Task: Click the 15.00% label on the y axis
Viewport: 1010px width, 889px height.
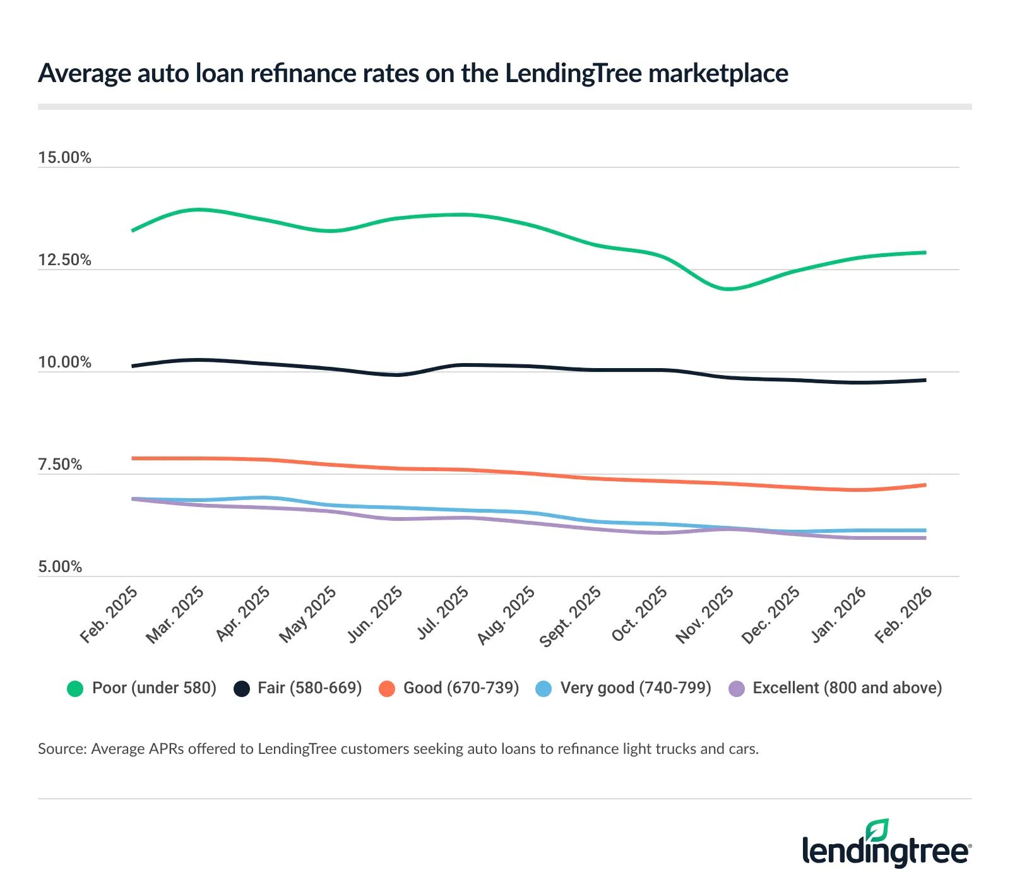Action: pyautogui.click(x=64, y=157)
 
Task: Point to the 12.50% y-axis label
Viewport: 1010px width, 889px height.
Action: pyautogui.click(x=64, y=260)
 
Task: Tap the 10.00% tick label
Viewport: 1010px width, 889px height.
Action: pyautogui.click(x=64, y=362)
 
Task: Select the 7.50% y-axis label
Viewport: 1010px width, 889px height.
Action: pyautogui.click(x=60, y=464)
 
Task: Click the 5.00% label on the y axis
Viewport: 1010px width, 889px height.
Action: pyautogui.click(x=60, y=566)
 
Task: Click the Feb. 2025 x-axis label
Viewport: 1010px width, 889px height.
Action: pyautogui.click(x=109, y=614)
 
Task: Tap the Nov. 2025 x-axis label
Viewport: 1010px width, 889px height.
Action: pyautogui.click(x=704, y=615)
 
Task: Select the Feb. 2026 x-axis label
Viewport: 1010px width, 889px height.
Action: pyautogui.click(x=903, y=614)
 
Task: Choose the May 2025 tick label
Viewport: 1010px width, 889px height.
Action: pyautogui.click(x=308, y=614)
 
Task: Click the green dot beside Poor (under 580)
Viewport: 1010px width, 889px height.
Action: pyautogui.click(x=75, y=688)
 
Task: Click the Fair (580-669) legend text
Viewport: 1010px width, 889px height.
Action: pyautogui.click(x=309, y=688)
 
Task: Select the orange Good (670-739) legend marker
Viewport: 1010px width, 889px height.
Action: pyautogui.click(x=386, y=688)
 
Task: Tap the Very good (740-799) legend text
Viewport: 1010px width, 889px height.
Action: pyautogui.click(x=635, y=688)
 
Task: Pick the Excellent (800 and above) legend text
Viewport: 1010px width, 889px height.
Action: pyautogui.click(x=847, y=688)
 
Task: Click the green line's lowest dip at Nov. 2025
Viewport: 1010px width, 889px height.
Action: pyautogui.click(x=728, y=289)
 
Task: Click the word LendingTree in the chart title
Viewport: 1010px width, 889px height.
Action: pyautogui.click(x=573, y=73)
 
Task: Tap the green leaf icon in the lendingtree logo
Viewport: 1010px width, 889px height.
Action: pyautogui.click(x=877, y=830)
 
